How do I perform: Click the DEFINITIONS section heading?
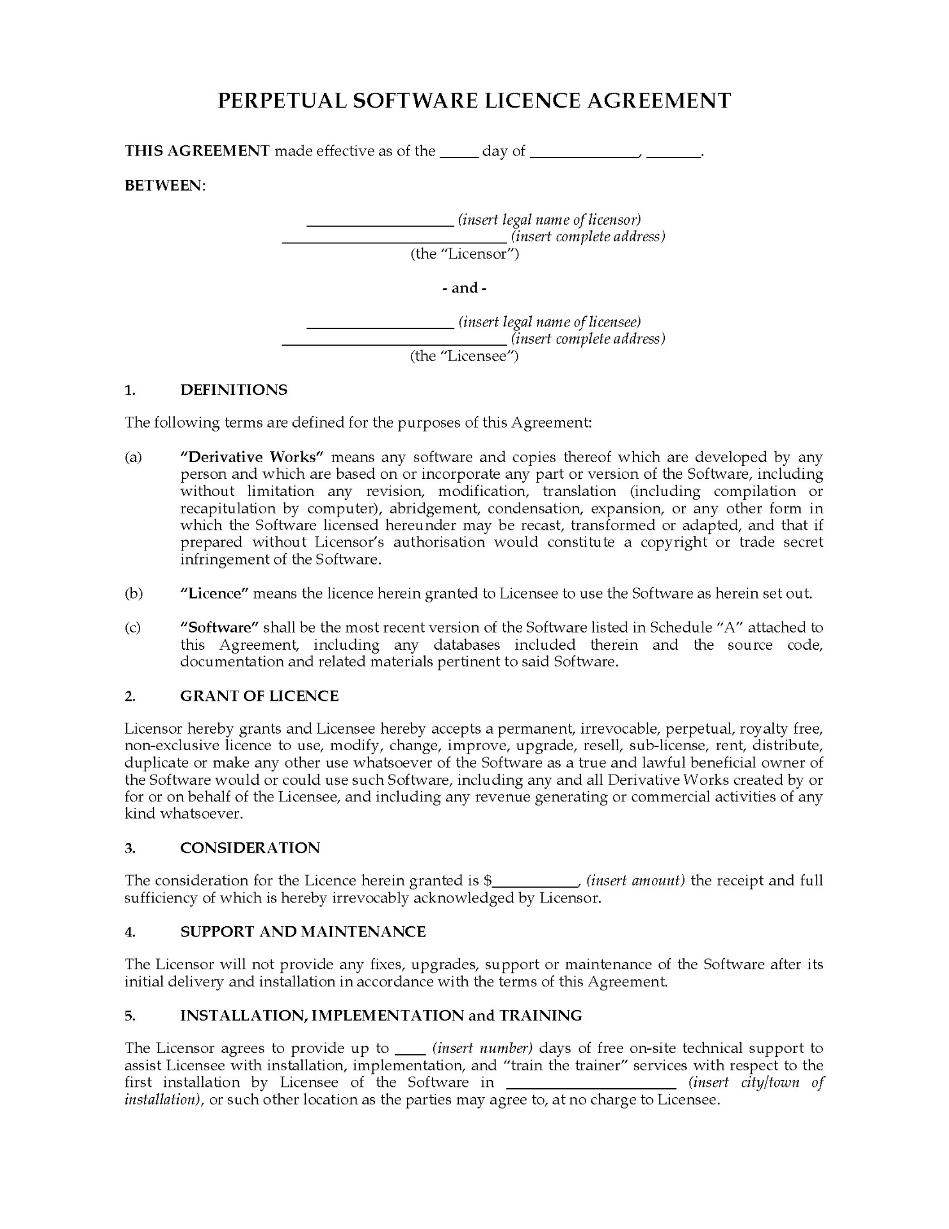click(234, 390)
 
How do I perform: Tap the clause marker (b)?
click(133, 593)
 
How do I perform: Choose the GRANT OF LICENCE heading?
click(259, 696)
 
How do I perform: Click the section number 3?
click(130, 848)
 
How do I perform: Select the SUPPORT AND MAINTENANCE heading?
click(303, 931)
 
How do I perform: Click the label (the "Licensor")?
click(465, 254)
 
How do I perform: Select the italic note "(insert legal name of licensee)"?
click(549, 322)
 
